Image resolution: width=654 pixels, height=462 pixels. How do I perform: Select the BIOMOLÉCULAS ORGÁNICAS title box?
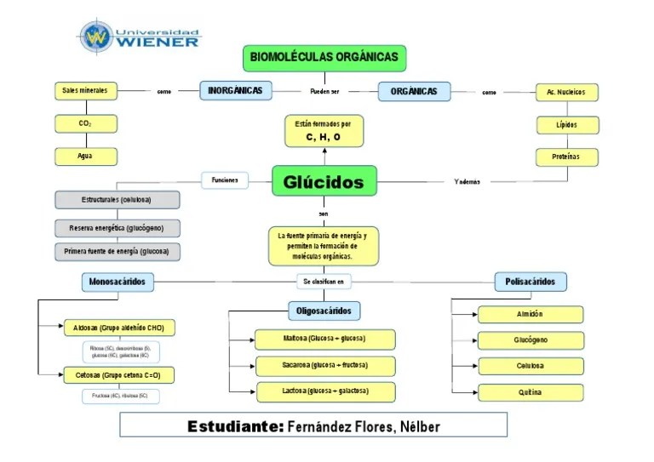click(x=324, y=58)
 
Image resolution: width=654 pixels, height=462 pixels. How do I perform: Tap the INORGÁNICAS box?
click(x=235, y=91)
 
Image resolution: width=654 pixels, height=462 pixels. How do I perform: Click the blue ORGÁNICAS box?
click(x=414, y=91)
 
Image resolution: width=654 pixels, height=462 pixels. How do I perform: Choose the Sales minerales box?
click(x=85, y=91)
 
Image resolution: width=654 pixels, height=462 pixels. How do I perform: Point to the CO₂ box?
click(x=85, y=124)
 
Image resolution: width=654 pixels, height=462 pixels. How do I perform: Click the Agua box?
click(x=85, y=157)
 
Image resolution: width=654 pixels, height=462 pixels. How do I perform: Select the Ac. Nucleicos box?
click(x=566, y=92)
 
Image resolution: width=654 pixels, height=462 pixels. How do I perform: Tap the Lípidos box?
click(x=566, y=125)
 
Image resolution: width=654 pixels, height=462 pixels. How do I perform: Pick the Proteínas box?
click(x=566, y=157)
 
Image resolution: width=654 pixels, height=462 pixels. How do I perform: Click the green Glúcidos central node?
click(x=323, y=181)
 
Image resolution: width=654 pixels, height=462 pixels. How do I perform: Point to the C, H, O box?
click(x=323, y=131)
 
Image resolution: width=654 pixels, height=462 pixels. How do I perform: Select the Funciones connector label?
click(x=225, y=180)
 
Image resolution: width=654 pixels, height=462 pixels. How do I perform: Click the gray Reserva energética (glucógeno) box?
click(x=118, y=228)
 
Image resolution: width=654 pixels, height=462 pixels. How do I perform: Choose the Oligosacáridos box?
click(x=324, y=311)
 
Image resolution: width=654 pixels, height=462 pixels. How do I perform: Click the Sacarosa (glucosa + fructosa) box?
click(x=324, y=366)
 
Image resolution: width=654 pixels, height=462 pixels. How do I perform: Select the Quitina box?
click(x=530, y=392)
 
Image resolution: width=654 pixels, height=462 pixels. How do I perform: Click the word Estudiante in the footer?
click(x=235, y=426)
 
